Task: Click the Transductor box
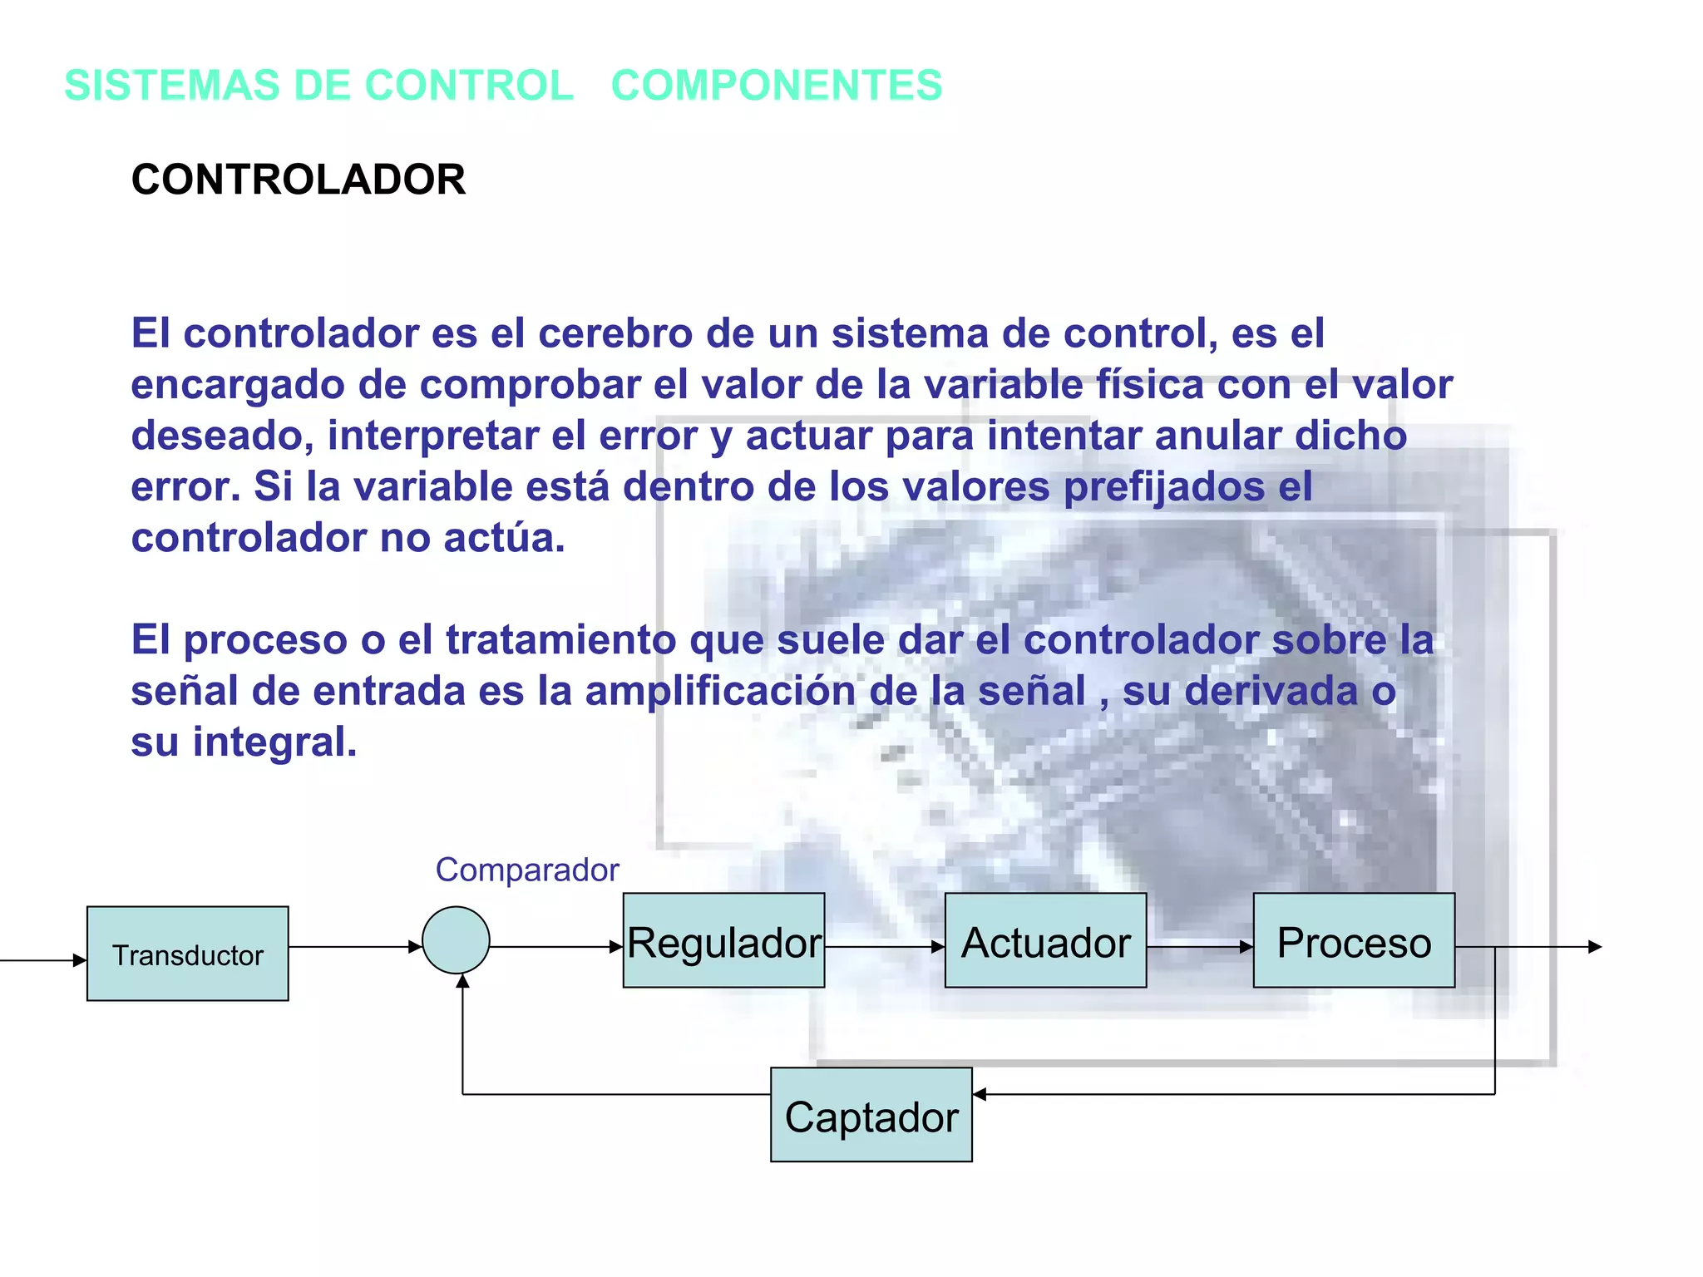[x=187, y=954]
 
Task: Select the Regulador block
[x=723, y=940]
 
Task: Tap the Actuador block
[x=1045, y=940]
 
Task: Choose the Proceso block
[x=1354, y=940]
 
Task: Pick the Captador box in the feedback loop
[x=871, y=1115]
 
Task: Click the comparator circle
[x=456, y=940]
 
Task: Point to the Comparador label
[x=527, y=870]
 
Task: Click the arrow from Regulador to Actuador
[x=884, y=946]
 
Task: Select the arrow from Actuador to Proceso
[x=1199, y=946]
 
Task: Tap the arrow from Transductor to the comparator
[x=354, y=946]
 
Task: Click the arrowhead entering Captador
[x=980, y=1094]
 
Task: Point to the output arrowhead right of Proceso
[x=1595, y=946]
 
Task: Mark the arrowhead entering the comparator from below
[x=462, y=981]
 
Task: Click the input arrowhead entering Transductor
[x=80, y=960]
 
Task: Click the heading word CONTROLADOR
[x=299, y=180]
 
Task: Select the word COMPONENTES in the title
[x=777, y=86]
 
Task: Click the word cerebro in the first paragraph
[x=615, y=333]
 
